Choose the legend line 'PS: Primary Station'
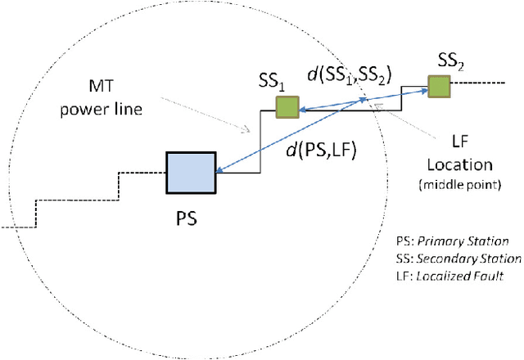(451, 242)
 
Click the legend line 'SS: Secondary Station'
(458, 259)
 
